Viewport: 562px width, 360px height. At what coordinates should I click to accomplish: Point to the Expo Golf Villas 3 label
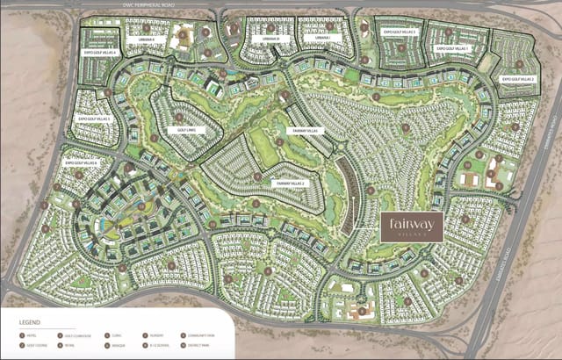[x=400, y=32]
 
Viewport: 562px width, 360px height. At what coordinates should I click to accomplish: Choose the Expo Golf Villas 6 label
[x=81, y=162]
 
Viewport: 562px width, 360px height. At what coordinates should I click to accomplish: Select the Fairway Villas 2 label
[x=289, y=183]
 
